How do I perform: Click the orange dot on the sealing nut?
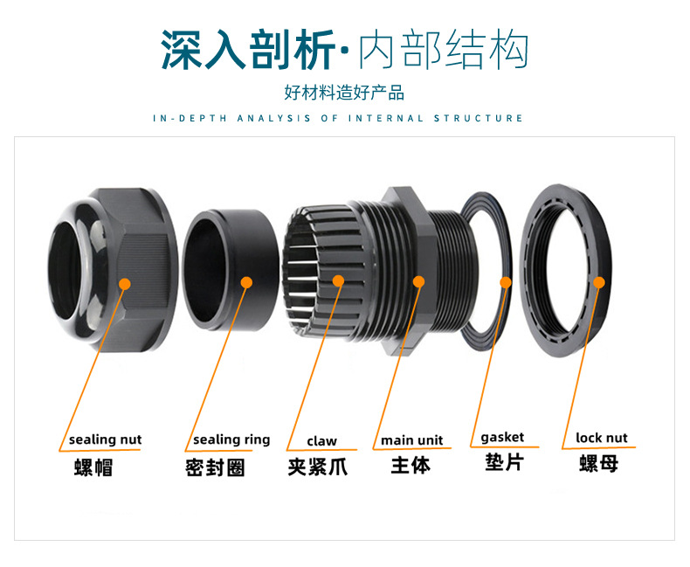[x=124, y=283]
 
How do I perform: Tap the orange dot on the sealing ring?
[x=246, y=281]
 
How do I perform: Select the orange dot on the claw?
[x=339, y=281]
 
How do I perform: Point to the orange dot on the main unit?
[x=418, y=281]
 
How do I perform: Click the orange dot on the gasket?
[x=506, y=281]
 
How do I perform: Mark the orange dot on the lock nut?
[x=599, y=280]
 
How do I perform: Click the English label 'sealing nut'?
[x=105, y=439]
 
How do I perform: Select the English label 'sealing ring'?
[x=231, y=439]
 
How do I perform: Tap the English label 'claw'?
[x=321, y=440]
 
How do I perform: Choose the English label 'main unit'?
[x=411, y=439]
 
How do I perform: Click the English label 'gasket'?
[x=503, y=437]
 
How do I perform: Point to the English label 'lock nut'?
[x=602, y=438]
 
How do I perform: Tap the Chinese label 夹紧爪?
[x=317, y=467]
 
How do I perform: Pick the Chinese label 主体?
[x=411, y=465]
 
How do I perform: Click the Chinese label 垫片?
[x=504, y=461]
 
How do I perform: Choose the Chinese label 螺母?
[x=598, y=463]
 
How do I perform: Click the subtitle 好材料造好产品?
[x=344, y=93]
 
